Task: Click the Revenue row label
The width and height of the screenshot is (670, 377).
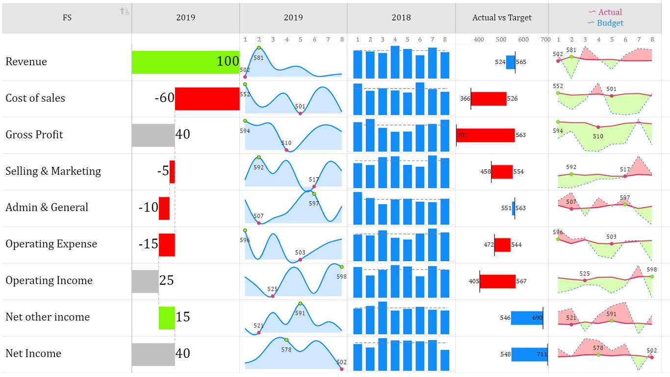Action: coord(26,62)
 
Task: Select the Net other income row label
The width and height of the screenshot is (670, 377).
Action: coord(48,317)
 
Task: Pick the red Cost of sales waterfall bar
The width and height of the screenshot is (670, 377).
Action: coord(207,98)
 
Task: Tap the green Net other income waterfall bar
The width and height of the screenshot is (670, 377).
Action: coord(167,318)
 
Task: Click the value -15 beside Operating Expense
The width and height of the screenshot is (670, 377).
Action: coord(148,244)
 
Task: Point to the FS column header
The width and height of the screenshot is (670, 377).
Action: coord(67,18)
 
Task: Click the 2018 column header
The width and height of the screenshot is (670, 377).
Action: coord(401,18)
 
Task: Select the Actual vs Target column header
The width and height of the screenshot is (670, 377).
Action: coord(502,18)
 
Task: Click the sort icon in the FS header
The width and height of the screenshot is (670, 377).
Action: coord(125,11)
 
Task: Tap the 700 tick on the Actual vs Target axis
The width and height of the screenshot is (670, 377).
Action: coord(545,40)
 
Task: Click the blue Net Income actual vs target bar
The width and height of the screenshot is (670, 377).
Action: coord(529,354)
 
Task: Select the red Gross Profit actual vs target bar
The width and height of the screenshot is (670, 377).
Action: coord(486,135)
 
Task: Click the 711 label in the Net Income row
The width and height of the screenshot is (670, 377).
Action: coord(541,354)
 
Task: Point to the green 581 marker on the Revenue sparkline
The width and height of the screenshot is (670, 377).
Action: coord(258,48)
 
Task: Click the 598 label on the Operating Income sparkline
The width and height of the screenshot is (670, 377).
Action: coord(342,276)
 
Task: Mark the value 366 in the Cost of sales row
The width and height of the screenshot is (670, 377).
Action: coord(465,99)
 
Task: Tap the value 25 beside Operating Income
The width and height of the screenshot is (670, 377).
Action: coord(167,281)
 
